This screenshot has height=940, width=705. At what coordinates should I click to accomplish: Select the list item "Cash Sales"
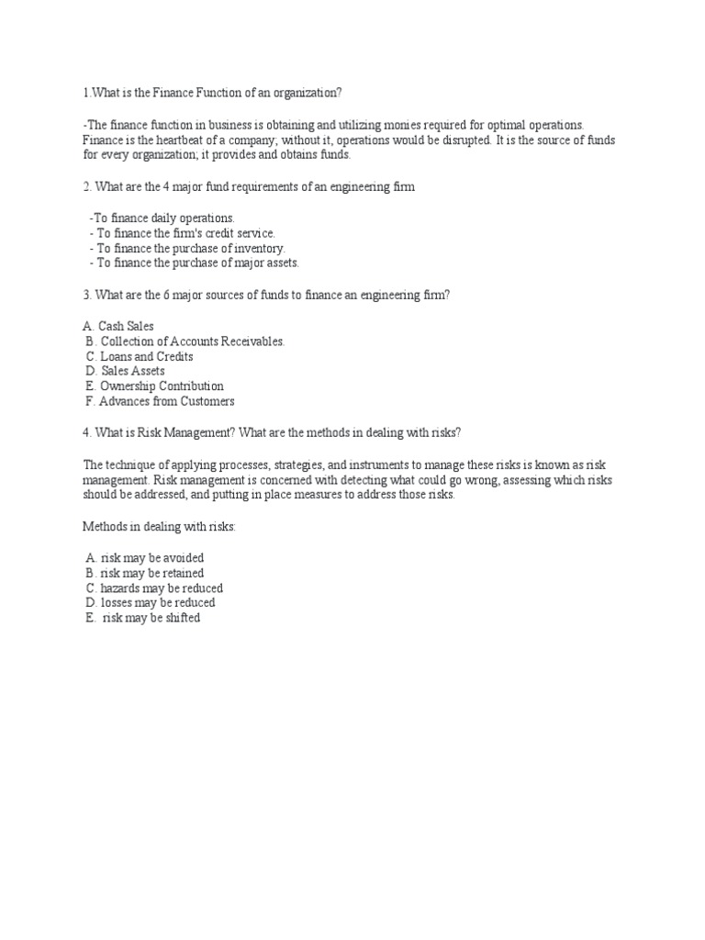(126, 326)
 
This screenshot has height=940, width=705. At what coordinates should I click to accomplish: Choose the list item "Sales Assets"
(133, 371)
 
